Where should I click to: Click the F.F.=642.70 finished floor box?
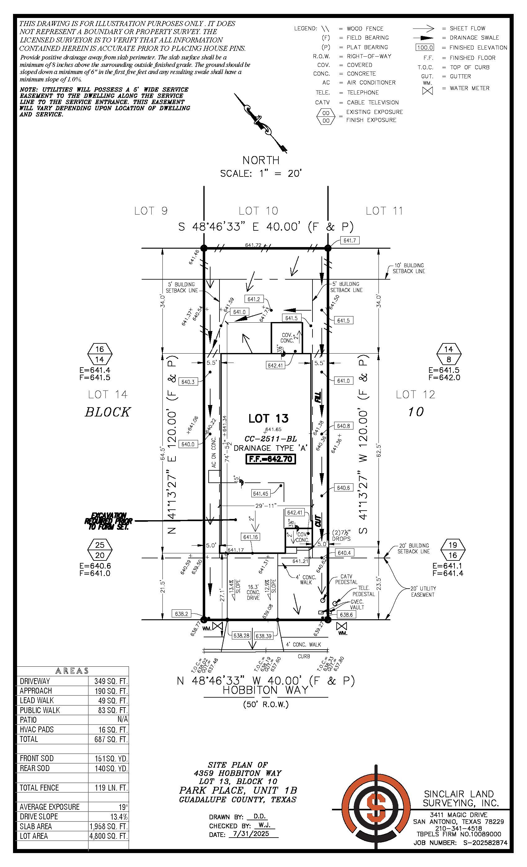(270, 459)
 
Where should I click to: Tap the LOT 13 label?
(268, 418)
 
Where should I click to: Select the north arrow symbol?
(261, 123)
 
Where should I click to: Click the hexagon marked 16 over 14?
(100, 354)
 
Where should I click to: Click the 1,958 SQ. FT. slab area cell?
(108, 826)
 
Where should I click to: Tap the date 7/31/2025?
(251, 834)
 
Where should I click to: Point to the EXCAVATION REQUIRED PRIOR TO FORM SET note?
(108, 521)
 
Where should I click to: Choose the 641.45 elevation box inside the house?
(260, 494)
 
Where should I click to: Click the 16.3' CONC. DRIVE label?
(253, 592)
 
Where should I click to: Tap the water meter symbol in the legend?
(427, 90)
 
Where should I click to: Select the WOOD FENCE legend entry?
(365, 28)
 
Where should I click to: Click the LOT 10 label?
(258, 211)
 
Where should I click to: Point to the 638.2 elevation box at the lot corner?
(181, 614)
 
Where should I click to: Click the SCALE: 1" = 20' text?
(261, 173)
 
